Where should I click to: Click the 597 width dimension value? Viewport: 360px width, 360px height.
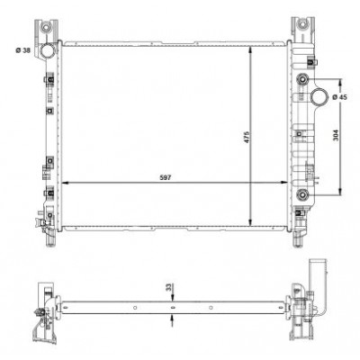(x=166, y=177)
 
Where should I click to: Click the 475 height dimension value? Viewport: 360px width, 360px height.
(x=247, y=137)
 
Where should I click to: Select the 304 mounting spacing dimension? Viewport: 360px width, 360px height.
(x=336, y=135)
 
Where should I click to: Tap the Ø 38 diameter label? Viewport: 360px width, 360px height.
(x=23, y=50)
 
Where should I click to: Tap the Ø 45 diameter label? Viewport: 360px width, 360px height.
(x=340, y=97)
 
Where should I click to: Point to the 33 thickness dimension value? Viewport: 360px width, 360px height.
(x=169, y=288)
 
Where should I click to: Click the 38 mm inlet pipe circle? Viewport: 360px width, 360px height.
(x=47, y=50)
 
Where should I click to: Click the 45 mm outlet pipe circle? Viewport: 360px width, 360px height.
(x=319, y=96)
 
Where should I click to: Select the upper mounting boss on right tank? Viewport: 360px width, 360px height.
(x=302, y=79)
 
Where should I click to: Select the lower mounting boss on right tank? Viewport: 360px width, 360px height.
(x=302, y=195)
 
